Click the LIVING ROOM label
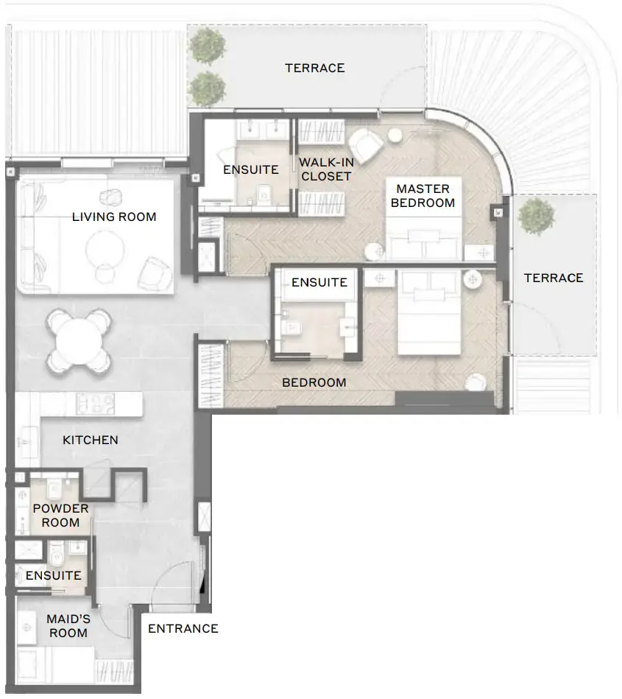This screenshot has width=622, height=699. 114,217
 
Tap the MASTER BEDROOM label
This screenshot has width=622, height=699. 423,196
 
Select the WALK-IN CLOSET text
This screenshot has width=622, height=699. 325,169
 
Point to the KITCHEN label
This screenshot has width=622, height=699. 90,440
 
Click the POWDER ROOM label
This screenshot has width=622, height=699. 60,516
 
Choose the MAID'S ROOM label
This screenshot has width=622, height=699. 68,625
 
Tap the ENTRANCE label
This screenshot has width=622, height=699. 183,628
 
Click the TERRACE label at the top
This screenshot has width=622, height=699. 314,68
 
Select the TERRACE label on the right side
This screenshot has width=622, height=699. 553,278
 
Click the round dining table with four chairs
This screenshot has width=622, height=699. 79,340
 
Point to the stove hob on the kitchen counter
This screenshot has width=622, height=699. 95,403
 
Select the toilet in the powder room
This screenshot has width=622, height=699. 56,488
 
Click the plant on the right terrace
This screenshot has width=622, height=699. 535,217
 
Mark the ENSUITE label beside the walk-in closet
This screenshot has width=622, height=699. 250,169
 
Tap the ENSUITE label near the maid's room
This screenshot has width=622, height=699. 54,575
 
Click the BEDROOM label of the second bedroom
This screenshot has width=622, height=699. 314,382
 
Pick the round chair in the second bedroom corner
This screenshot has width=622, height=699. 476,382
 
